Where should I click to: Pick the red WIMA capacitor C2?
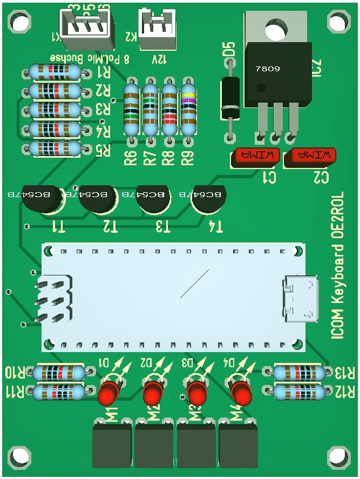(x=310, y=157)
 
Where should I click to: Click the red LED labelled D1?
(x=109, y=394)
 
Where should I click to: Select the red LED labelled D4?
(x=241, y=394)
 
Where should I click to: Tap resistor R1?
(x=55, y=71)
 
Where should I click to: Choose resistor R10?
(x=58, y=373)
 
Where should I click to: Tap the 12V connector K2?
(x=157, y=30)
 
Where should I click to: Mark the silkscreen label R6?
(x=130, y=158)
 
